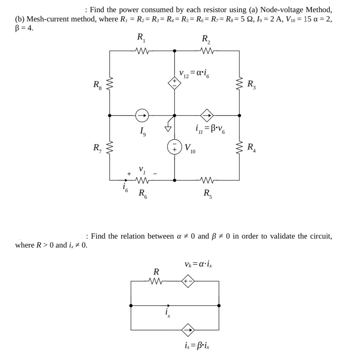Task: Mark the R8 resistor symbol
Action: pos(110,85)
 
